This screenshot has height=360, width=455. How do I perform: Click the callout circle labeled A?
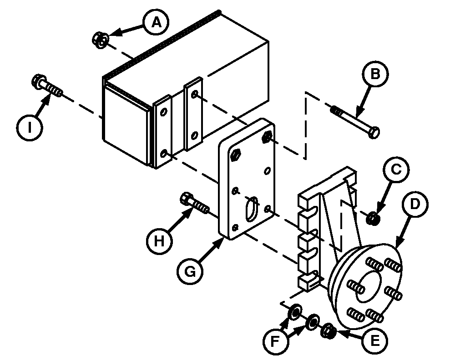157,22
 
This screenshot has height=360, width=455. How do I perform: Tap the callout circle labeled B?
375,74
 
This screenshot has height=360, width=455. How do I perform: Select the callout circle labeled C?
396,169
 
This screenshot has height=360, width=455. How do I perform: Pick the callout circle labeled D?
415,204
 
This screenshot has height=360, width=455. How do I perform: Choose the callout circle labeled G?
190,272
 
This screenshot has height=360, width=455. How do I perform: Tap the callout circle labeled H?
159,241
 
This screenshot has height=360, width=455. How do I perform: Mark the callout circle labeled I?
30,128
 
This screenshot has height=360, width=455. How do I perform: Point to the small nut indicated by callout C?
372,219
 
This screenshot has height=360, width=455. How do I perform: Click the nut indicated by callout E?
328,331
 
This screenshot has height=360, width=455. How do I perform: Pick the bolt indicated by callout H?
194,203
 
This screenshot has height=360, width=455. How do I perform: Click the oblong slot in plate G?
251,210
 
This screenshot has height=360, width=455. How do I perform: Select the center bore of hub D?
368,287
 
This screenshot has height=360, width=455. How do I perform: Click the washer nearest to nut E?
313,322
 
